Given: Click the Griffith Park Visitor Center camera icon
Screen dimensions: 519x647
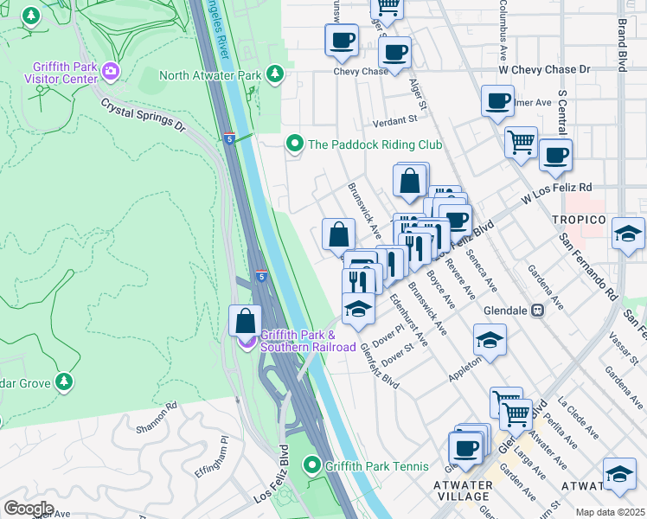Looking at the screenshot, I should tap(111, 70).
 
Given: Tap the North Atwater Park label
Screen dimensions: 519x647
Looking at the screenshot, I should tap(210, 75).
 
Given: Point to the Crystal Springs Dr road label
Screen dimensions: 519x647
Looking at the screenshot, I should tap(144, 115).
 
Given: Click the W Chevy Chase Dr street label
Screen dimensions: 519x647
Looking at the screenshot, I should tap(543, 69).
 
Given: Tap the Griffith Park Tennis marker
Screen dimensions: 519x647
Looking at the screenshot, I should tap(312, 466).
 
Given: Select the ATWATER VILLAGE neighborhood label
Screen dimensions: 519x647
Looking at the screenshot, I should tap(464, 490).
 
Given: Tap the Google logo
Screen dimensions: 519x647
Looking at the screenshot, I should tap(28, 509).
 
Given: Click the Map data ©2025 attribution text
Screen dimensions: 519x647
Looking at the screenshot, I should tap(610, 512).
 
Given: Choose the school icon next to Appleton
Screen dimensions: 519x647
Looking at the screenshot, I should tap(490, 341).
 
